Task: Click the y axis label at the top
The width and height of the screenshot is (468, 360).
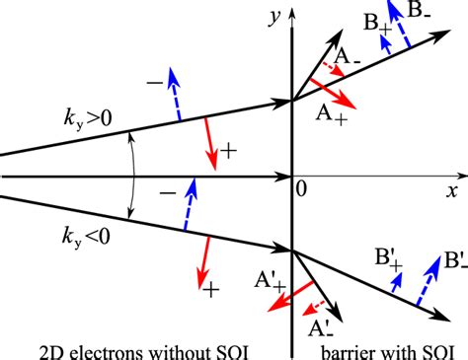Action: point(271,15)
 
